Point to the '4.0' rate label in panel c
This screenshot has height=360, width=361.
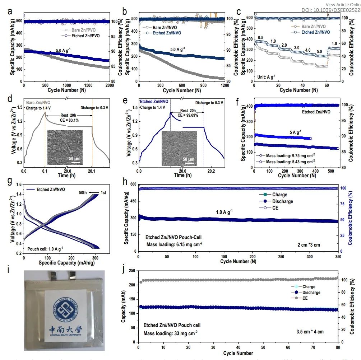click(308, 50)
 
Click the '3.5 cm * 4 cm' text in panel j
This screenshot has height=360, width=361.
click(310, 332)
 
